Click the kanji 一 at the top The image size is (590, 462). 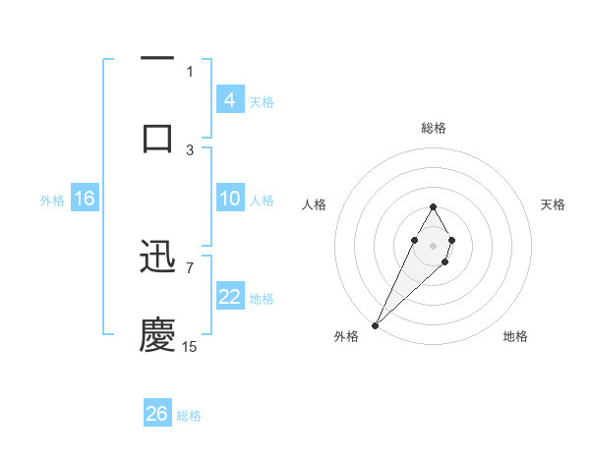click(157, 60)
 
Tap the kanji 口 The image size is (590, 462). click(157, 137)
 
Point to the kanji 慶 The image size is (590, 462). click(157, 335)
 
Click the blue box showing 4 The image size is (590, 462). click(229, 100)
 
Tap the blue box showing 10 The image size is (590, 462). click(229, 200)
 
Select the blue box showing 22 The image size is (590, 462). click(229, 298)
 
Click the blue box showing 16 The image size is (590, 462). click(84, 200)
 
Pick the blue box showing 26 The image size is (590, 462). click(157, 414)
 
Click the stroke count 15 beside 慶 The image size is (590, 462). click(190, 346)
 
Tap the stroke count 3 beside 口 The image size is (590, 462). click(190, 149)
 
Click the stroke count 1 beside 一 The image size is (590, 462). click(190, 71)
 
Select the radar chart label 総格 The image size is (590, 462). click(433, 128)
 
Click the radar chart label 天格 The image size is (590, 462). click(554, 204)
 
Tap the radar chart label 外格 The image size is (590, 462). click(346, 336)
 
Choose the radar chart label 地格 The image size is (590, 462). click(515, 336)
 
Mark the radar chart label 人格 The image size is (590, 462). click(314, 204)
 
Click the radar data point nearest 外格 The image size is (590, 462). click(376, 324)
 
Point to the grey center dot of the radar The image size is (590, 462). click(433, 243)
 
